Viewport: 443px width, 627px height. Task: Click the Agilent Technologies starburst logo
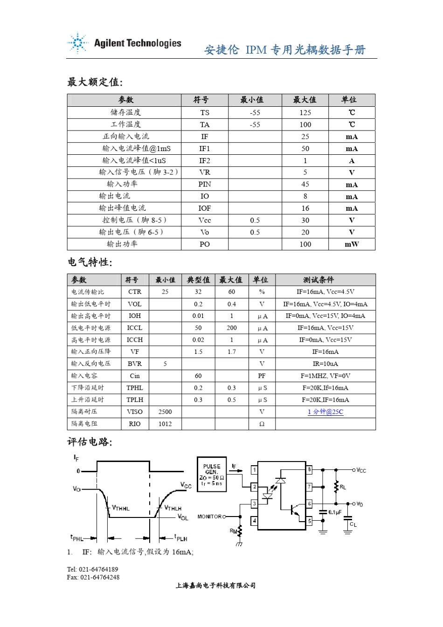pos(77,43)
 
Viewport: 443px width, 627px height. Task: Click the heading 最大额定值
pos(95,83)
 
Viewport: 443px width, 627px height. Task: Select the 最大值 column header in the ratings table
pos(305,100)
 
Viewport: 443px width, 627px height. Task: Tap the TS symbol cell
pos(205,112)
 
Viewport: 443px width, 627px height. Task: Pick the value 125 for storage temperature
pos(305,112)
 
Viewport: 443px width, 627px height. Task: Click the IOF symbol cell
pos(205,208)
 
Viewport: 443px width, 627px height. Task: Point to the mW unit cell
pos(352,244)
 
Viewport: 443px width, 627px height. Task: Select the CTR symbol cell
pos(135,292)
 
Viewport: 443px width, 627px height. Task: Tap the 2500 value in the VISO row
pos(165,412)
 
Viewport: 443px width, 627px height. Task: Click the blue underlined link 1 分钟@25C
pos(325,412)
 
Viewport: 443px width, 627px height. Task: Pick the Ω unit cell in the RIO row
pos(262,424)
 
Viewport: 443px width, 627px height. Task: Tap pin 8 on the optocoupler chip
pos(309,469)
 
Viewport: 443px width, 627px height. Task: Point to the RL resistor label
pos(343,487)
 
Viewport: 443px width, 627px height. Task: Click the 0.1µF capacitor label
pos(335,512)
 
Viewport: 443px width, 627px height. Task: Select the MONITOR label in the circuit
pos(210,517)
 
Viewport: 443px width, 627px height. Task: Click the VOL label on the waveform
pos(183,518)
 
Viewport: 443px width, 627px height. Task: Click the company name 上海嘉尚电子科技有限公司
pos(215,586)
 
